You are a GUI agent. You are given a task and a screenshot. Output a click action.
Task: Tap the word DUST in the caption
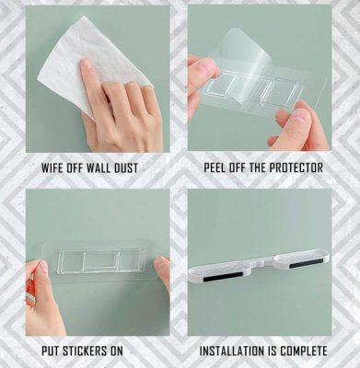point(126,168)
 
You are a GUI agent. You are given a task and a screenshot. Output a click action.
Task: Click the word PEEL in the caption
point(214,167)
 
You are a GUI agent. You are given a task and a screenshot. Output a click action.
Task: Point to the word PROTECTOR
point(296,167)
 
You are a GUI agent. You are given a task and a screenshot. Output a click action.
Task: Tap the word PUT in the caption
point(51,351)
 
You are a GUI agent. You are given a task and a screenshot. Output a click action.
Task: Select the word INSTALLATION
point(232,351)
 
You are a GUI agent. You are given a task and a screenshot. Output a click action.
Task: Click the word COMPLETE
point(304,351)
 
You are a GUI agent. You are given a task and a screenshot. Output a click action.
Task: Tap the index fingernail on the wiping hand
point(87,63)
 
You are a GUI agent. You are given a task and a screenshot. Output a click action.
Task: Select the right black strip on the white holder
point(307,263)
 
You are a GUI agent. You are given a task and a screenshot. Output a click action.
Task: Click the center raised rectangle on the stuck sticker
point(101,261)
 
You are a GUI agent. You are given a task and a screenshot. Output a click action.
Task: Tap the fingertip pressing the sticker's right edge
point(161,264)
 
